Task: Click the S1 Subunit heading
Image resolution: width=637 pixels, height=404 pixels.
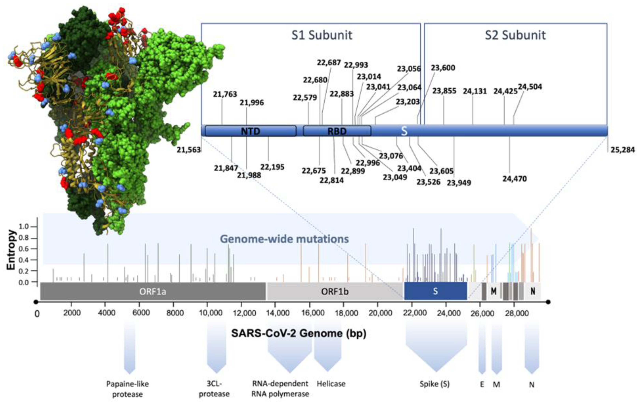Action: click(322, 35)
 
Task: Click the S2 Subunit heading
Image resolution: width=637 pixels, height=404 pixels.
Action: click(515, 35)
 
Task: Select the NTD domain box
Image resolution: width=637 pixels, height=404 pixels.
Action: click(250, 131)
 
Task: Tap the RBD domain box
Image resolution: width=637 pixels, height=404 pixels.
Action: click(337, 131)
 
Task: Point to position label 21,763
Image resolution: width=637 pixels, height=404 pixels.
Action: click(225, 94)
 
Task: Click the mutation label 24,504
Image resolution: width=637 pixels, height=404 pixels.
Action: click(530, 87)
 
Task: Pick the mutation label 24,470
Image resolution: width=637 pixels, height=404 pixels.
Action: click(515, 179)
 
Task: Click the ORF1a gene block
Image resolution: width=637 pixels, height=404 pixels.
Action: click(153, 291)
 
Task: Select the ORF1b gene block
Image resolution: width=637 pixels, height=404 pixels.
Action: click(335, 291)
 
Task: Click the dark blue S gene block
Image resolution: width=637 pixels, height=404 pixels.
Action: click(435, 291)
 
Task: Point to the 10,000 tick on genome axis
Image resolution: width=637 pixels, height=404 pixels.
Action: click(211, 313)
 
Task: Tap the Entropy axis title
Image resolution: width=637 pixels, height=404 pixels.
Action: click(11, 250)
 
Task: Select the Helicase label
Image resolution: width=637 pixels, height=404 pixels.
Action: click(331, 384)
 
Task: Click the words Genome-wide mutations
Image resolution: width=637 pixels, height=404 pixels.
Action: click(284, 239)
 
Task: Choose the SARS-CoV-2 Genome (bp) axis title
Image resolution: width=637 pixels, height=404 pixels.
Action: click(299, 333)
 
